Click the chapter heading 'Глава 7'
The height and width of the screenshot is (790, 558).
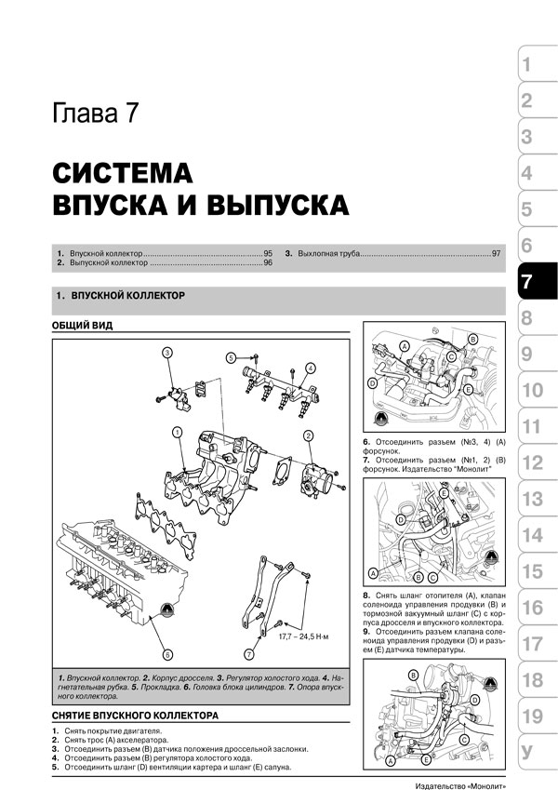tap(95, 114)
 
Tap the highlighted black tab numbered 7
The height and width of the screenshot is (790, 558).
tap(537, 282)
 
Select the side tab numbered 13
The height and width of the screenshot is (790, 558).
tap(537, 499)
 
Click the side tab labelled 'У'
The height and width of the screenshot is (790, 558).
tap(537, 752)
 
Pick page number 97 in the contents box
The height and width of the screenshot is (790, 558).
tap(497, 253)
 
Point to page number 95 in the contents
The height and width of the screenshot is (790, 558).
tap(268, 253)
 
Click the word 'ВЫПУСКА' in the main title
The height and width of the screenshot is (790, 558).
tap(277, 205)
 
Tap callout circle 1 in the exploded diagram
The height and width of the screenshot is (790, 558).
tap(177, 432)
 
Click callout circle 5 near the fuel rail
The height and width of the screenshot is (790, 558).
tap(231, 358)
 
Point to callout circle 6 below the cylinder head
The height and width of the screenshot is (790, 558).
tap(168, 655)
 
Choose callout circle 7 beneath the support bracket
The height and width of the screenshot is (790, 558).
tap(249, 655)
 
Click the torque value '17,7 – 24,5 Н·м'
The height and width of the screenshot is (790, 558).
tap(304, 636)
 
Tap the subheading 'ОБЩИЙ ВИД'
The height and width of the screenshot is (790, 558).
tap(82, 326)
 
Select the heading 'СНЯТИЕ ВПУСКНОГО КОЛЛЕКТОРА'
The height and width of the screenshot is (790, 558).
tap(135, 715)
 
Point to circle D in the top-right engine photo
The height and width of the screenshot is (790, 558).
tap(372, 384)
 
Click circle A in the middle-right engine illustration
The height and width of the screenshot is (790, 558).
tap(373, 573)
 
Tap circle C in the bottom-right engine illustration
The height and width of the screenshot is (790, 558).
tap(464, 739)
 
